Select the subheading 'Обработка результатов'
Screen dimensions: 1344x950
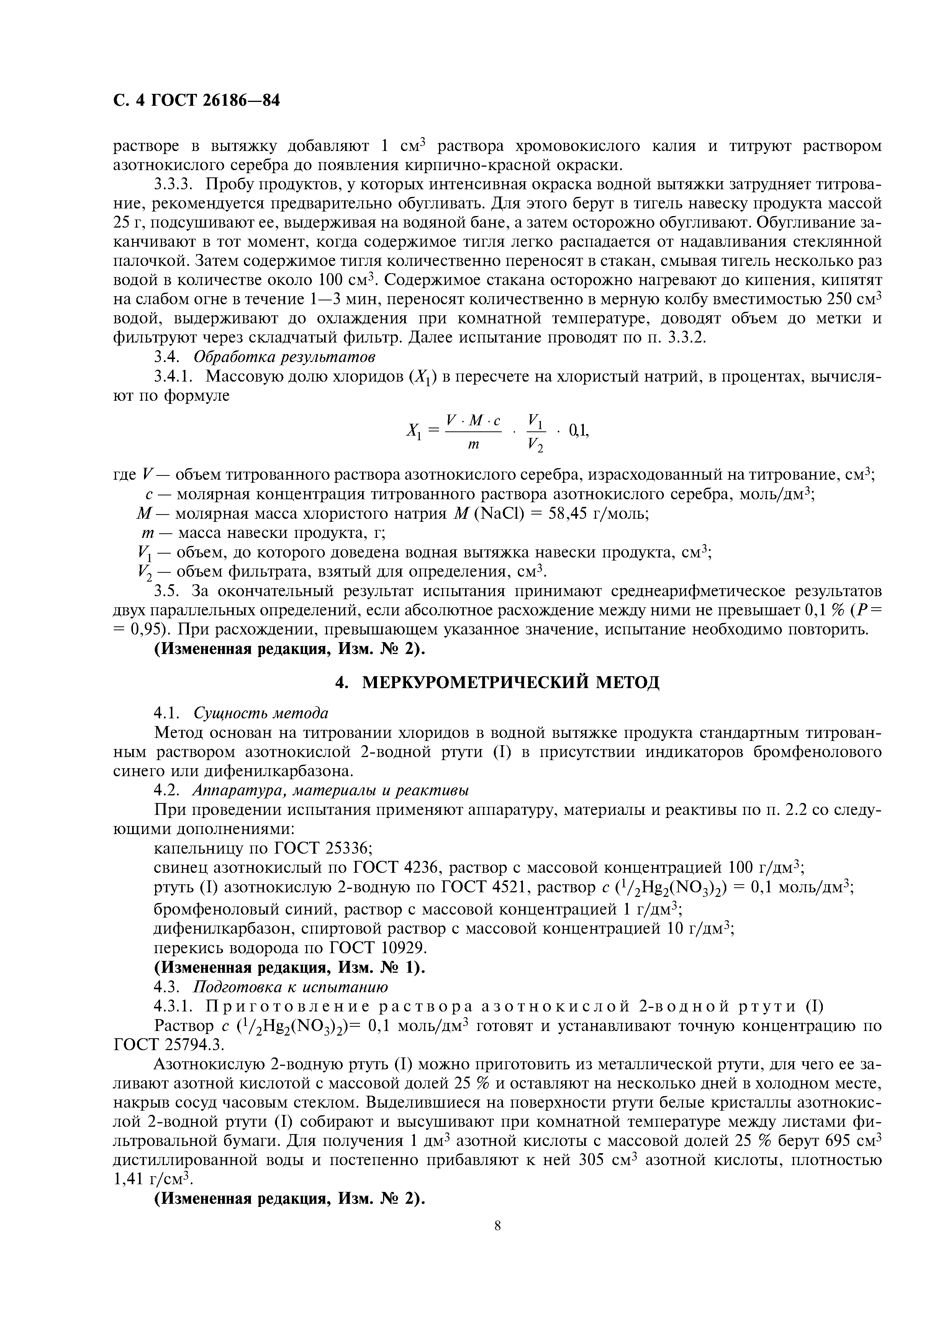[285, 356]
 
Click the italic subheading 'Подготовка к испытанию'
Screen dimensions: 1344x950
[290, 988]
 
